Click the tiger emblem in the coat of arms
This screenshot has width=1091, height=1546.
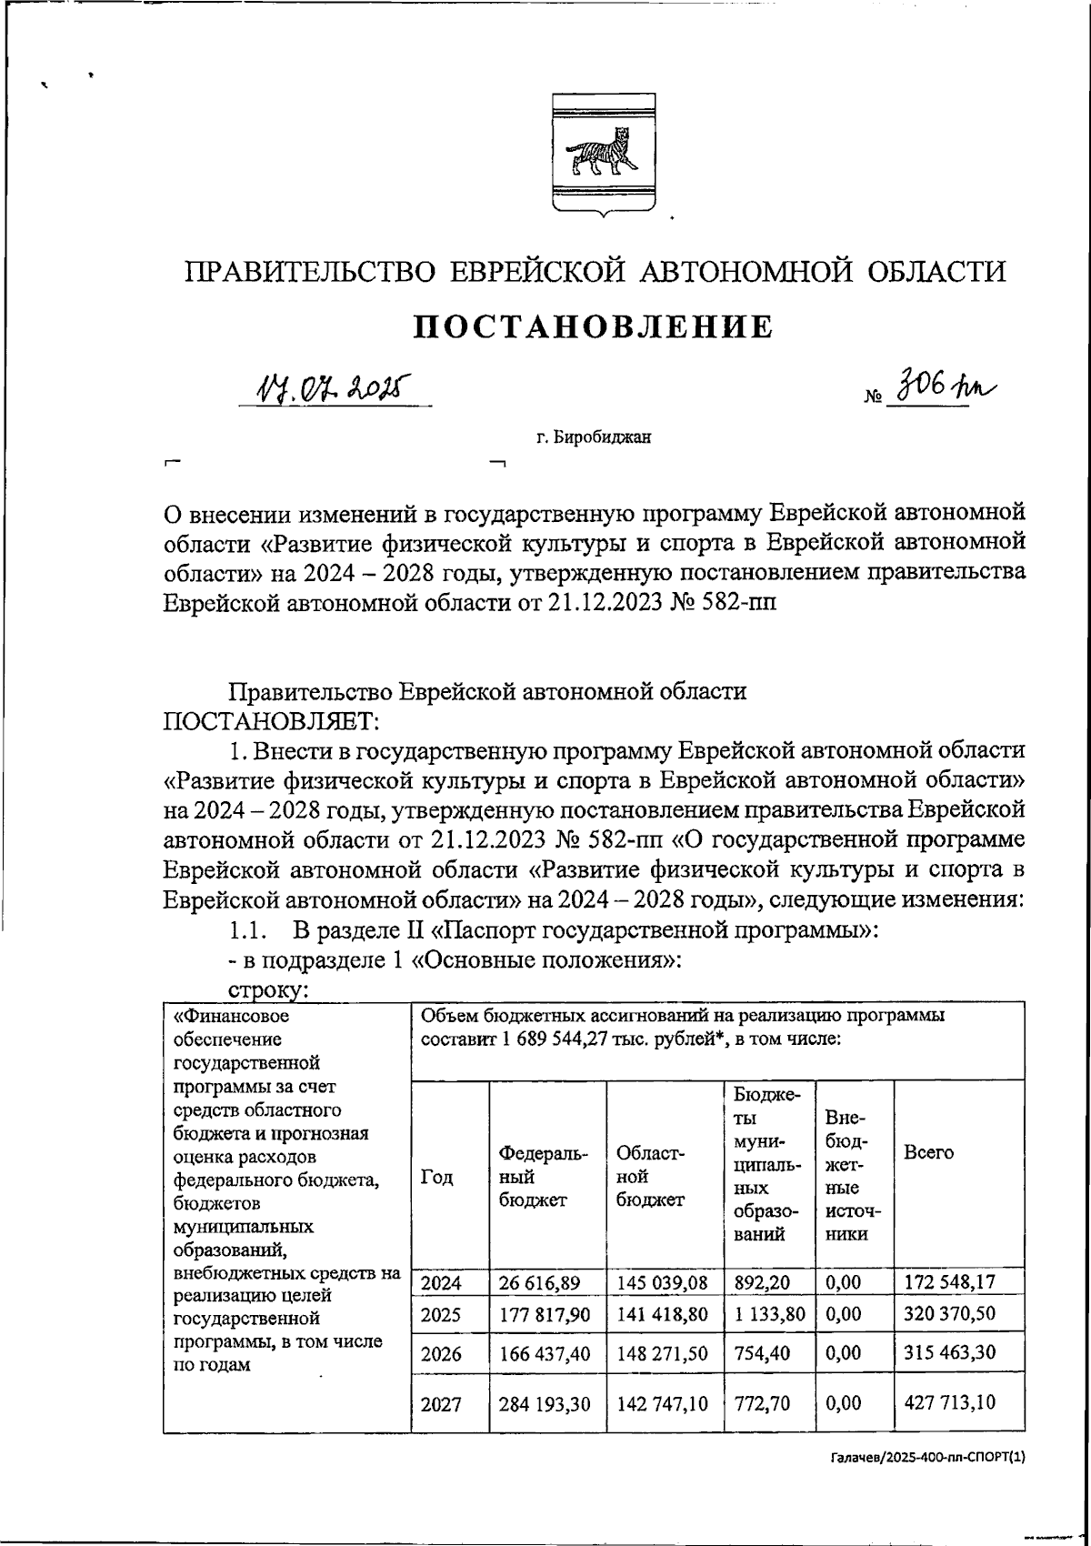coord(601,155)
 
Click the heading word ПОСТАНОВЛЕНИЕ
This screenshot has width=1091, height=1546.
coord(594,326)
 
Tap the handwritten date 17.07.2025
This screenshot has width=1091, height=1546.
coord(333,389)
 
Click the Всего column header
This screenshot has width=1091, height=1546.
coord(928,1153)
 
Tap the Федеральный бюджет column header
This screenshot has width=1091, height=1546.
coord(545,1176)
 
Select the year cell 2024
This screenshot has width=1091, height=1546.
coord(441,1283)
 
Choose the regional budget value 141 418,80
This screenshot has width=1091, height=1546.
coord(662,1315)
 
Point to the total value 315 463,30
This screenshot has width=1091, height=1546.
coord(950,1352)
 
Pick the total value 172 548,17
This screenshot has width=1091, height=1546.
coord(950,1283)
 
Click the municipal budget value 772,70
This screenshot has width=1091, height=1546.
coord(762,1403)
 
